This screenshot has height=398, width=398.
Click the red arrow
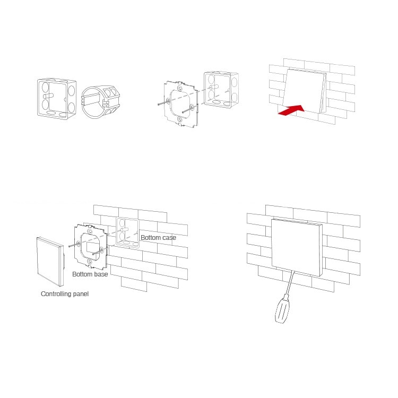(292, 110)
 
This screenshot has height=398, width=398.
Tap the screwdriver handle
(282, 310)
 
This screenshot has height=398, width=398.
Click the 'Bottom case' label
(158, 238)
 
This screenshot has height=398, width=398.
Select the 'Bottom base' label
(90, 274)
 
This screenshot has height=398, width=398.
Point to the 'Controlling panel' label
(65, 294)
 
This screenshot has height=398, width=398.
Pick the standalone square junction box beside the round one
(57, 99)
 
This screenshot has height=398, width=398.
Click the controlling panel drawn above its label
(50, 262)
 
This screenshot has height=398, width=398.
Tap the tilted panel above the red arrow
(305, 91)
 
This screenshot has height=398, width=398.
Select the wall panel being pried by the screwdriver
(297, 247)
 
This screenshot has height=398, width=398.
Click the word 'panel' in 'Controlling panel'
(81, 294)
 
